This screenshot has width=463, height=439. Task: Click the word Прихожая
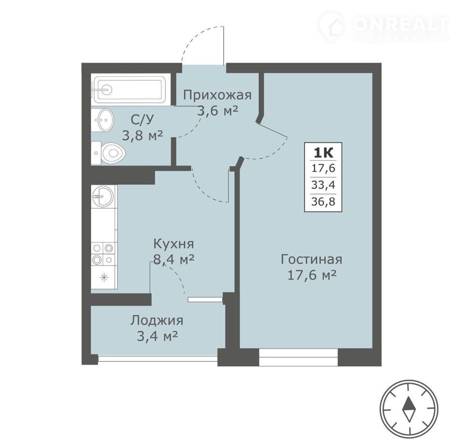tap(218, 96)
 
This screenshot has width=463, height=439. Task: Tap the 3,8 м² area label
tap(142, 136)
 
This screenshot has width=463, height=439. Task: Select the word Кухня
tap(174, 245)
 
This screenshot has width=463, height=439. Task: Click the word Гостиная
tap(312, 260)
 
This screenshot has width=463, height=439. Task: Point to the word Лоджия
tap(157, 320)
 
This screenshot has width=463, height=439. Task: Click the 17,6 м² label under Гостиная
tap(312, 275)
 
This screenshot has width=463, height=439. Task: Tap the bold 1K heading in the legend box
tap(323, 153)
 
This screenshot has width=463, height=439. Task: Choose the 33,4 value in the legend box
tap(323, 185)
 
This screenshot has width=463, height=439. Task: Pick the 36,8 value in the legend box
tap(323, 202)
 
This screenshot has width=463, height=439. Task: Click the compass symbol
tap(409, 409)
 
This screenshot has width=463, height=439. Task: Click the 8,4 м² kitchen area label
tap(174, 260)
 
